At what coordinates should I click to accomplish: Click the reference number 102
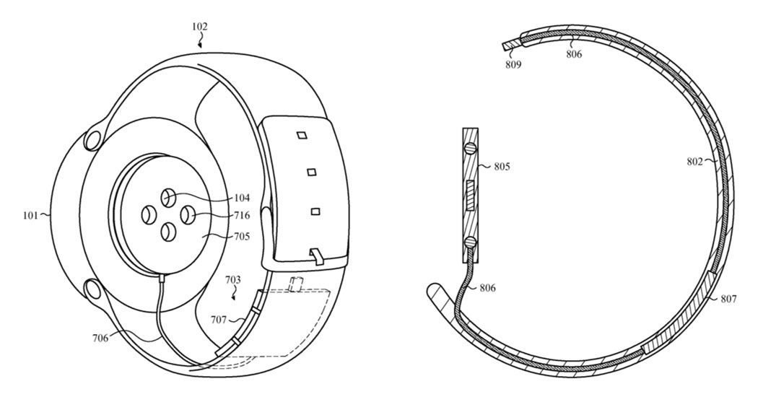click(x=199, y=27)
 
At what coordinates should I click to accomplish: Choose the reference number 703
click(x=232, y=279)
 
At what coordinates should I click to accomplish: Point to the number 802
click(x=696, y=162)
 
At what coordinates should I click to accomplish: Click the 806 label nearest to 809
click(x=574, y=53)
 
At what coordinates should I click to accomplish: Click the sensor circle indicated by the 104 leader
click(x=167, y=196)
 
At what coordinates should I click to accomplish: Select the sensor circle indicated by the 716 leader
click(x=186, y=214)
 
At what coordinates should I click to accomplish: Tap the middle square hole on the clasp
click(x=312, y=172)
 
